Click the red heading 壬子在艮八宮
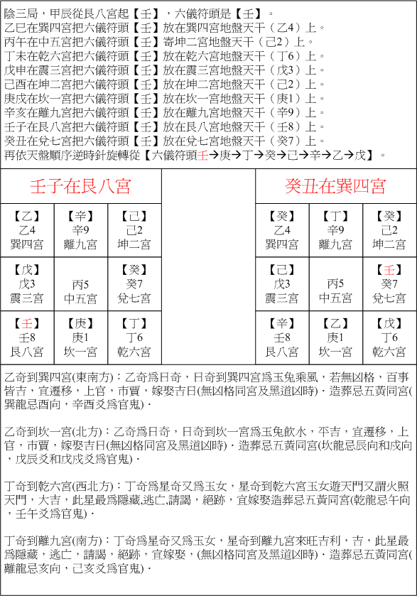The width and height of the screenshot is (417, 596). [80, 187]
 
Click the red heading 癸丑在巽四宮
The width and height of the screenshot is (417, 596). [335, 187]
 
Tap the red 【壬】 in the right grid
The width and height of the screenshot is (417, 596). [389, 270]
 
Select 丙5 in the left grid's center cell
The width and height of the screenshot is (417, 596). [81, 283]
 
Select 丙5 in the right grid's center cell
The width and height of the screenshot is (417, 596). [335, 283]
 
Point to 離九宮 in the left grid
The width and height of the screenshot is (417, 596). [81, 244]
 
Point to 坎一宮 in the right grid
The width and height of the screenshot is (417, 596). [335, 351]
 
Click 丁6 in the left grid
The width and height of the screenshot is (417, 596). [134, 337]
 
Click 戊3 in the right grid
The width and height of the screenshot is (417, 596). [282, 283]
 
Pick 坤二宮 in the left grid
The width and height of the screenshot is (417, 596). [134, 244]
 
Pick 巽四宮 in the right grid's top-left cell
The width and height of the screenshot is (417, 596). [282, 244]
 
